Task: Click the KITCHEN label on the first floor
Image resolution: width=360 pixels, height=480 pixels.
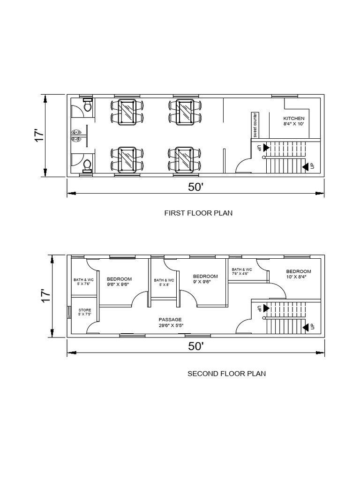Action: (294, 119)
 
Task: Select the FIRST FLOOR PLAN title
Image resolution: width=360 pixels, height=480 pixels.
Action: (198, 213)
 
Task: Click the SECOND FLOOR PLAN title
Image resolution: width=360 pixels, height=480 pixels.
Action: (226, 374)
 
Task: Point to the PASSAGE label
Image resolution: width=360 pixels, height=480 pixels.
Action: (170, 320)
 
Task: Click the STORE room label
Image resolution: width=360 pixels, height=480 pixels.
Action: (85, 310)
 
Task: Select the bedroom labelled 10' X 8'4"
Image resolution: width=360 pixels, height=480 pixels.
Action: (299, 271)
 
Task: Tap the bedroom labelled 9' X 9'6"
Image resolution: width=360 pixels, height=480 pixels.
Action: (205, 277)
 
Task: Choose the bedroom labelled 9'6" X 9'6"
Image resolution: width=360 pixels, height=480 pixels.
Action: (119, 279)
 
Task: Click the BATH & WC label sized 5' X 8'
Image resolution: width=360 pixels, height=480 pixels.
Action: (164, 280)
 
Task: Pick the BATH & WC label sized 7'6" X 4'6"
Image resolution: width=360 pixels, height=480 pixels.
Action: (242, 270)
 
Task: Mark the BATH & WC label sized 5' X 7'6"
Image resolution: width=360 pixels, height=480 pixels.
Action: (83, 280)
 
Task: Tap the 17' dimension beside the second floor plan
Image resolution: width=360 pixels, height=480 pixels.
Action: (45, 295)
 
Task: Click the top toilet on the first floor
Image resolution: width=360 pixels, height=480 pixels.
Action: (88, 105)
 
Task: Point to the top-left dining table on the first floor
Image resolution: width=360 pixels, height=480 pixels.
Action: (127, 112)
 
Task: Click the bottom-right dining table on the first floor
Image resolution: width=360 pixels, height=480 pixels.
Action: (185, 159)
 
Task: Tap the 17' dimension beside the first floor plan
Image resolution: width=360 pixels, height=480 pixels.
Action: (39, 136)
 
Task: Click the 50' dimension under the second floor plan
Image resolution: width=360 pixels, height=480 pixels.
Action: (196, 346)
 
